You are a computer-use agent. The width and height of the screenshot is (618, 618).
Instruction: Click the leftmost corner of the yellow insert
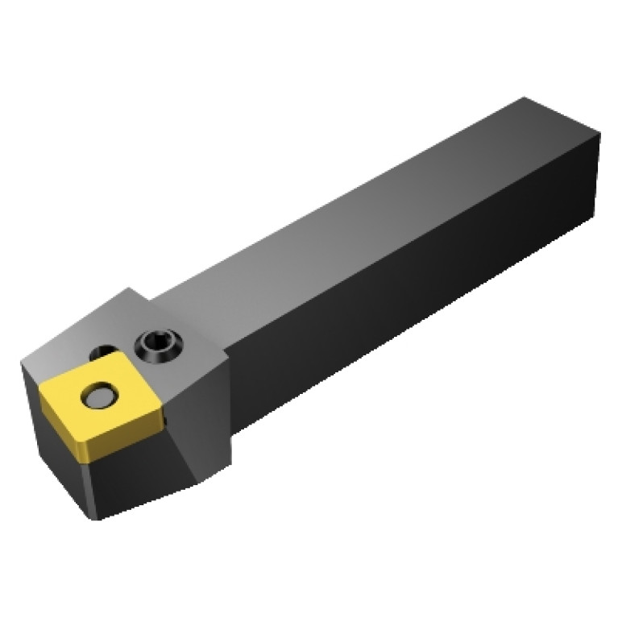click(x=40, y=385)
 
